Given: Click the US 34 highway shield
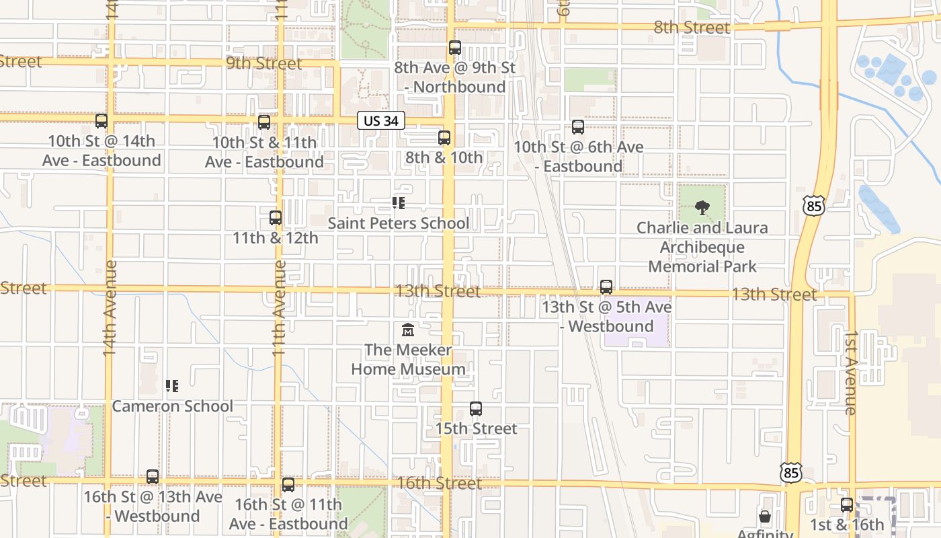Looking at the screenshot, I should [381, 120].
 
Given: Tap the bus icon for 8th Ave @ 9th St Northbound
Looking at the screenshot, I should [455, 48].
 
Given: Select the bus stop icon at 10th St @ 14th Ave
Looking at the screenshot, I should [101, 121].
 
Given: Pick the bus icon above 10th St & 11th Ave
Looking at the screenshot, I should [264, 122].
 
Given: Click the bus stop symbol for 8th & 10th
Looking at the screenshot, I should [444, 138].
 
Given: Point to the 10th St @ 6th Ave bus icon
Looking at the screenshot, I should [578, 127].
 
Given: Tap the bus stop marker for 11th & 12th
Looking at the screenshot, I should [276, 218].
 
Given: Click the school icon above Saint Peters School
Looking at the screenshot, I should [399, 203].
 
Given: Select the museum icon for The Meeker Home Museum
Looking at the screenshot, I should [408, 330].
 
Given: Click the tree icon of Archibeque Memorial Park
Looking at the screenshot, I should [702, 208].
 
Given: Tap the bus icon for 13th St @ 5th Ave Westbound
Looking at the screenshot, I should [606, 287].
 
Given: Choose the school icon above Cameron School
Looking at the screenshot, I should [172, 386].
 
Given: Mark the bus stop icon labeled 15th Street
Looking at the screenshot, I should [476, 409].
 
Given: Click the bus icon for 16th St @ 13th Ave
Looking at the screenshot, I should [153, 477].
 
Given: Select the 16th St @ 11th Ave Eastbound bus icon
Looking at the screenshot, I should [288, 485].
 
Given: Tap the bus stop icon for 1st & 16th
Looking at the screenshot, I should [847, 505].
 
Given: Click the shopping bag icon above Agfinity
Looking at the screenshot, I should [765, 516].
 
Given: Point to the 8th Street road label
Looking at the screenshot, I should [692, 28].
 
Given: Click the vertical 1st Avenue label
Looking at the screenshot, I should [850, 372].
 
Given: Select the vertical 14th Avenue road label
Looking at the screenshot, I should [110, 307].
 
